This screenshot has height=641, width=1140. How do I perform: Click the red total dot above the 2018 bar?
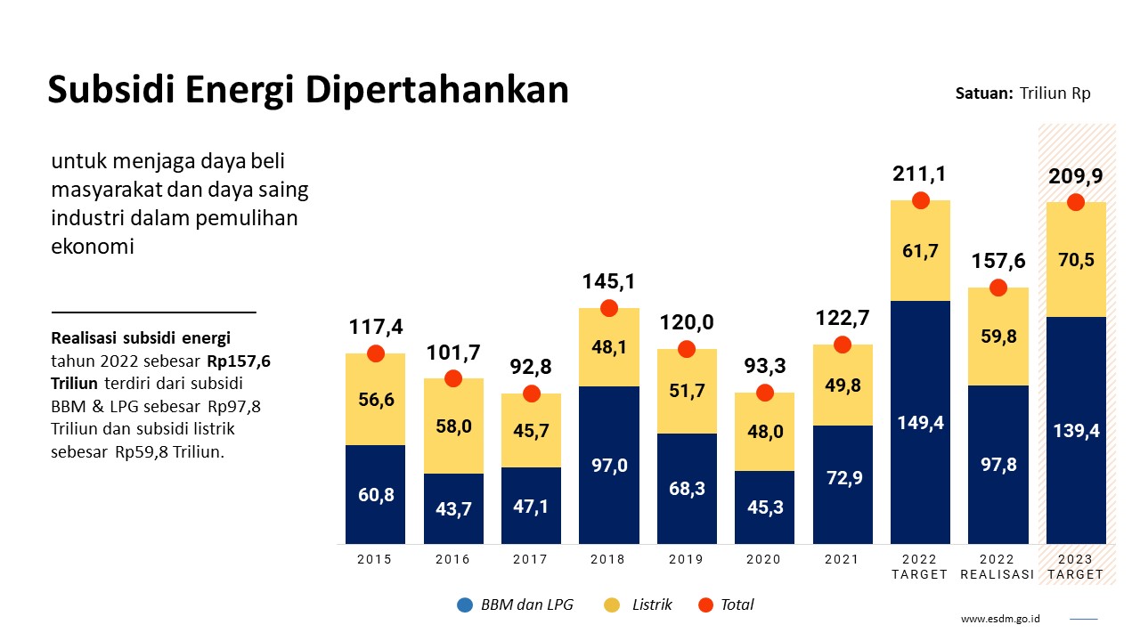coord(609,308)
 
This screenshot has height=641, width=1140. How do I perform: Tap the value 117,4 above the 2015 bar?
coord(375,327)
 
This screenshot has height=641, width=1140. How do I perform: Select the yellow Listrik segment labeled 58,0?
coord(453,426)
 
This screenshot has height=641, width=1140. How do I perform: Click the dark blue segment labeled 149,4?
coord(920,423)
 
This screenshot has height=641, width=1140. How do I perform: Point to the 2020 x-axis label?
coord(763,559)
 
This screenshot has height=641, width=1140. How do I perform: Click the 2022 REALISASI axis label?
coord(997,567)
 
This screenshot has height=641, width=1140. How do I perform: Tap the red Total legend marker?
coord(706,605)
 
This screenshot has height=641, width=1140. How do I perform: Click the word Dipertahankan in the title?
coord(437,90)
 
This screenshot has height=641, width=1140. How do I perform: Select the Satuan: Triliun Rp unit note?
coord(1022,93)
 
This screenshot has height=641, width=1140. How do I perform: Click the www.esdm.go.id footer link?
coord(1001,619)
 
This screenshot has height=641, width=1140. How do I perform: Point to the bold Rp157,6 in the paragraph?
coord(239,361)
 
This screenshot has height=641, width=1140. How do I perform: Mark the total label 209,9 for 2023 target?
coord(1075,176)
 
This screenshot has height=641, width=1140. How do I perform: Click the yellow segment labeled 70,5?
coord(1076,260)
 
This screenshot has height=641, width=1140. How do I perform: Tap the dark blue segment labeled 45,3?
coord(764,507)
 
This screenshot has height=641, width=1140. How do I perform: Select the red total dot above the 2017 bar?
coord(532,394)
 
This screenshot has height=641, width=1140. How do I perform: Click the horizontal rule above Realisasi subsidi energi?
coord(153,312)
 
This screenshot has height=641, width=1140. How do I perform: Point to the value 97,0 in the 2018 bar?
coord(609,465)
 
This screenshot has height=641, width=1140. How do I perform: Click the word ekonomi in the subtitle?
coord(93,247)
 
